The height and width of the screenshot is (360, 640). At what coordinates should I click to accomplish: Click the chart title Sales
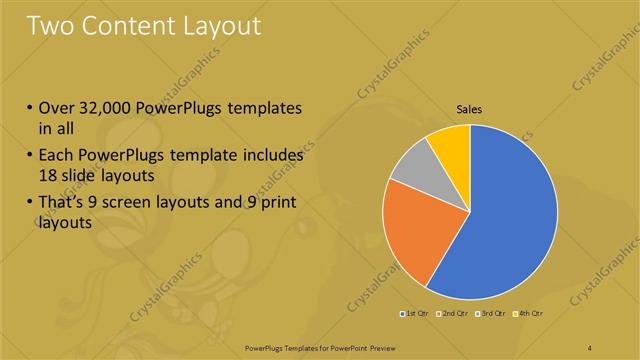(470, 108)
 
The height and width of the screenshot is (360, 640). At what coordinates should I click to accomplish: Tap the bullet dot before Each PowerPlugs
(30, 156)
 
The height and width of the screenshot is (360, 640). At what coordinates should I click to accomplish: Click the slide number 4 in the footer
(589, 347)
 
